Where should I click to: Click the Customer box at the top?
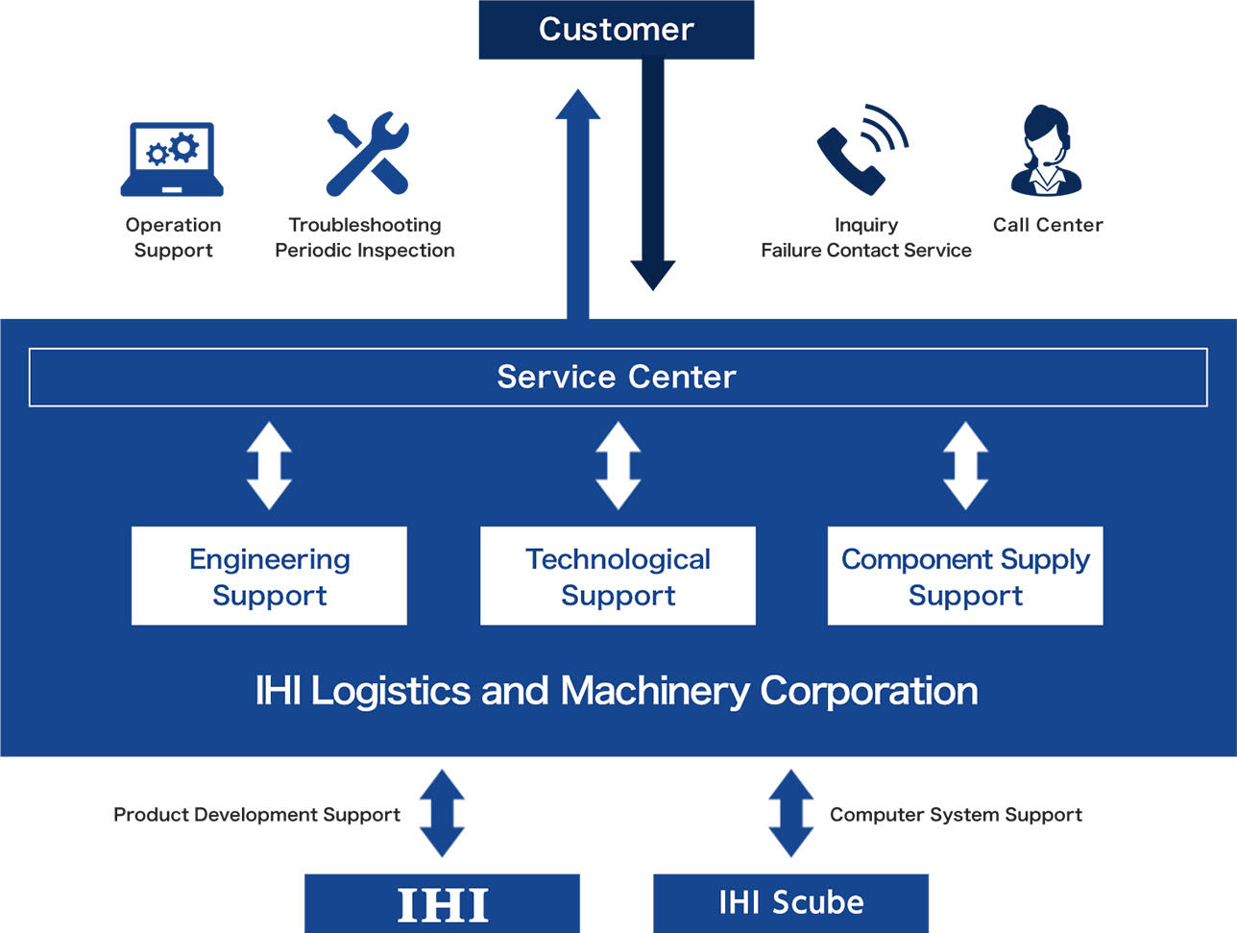click(x=617, y=30)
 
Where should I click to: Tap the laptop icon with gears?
click(x=172, y=159)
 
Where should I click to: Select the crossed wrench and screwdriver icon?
click(x=368, y=154)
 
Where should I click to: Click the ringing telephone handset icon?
click(x=862, y=149)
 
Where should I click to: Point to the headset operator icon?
click(x=1047, y=151)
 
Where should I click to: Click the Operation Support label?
click(x=173, y=237)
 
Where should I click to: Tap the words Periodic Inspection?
click(x=365, y=250)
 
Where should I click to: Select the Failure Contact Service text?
click(x=866, y=250)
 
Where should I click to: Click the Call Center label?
click(x=1048, y=225)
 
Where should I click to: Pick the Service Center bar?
click(x=618, y=378)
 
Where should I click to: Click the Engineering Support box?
click(x=269, y=576)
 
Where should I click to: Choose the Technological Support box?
click(x=618, y=576)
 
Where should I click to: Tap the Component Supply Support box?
click(x=965, y=576)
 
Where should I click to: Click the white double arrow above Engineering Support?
click(x=269, y=466)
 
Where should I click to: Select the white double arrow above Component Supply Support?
click(x=966, y=466)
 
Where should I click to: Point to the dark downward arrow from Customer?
click(x=653, y=175)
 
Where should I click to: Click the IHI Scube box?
click(x=790, y=903)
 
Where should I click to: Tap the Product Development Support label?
click(x=257, y=815)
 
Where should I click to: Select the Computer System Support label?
click(x=957, y=815)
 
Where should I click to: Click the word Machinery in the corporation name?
click(x=655, y=691)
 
